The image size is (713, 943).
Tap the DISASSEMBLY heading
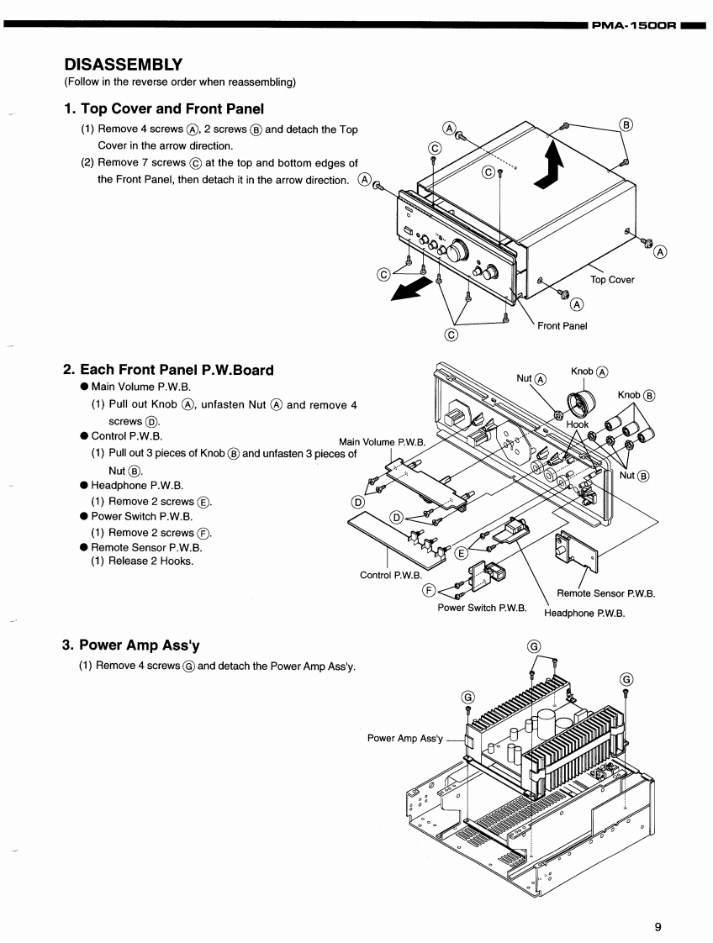pyautogui.click(x=124, y=65)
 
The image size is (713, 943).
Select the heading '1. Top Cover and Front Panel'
pyautogui.click(x=164, y=108)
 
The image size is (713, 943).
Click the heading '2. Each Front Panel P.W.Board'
pyautogui.click(x=168, y=370)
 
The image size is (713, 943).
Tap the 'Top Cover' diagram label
pyautogui.click(x=612, y=280)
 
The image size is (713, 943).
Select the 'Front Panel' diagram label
pyautogui.click(x=562, y=326)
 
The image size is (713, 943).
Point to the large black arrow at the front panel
pyautogui.click(x=414, y=289)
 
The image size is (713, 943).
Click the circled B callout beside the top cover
pyautogui.click(x=626, y=124)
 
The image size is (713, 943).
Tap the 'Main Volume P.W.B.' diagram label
pyautogui.click(x=383, y=442)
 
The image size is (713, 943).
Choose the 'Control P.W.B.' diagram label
pyautogui.click(x=388, y=575)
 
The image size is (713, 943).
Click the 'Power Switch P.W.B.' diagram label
pyautogui.click(x=482, y=607)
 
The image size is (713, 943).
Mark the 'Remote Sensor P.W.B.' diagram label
pyautogui.click(x=605, y=593)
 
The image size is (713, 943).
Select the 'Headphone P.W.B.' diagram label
pyautogui.click(x=584, y=614)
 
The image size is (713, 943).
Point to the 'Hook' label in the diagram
pyautogui.click(x=578, y=424)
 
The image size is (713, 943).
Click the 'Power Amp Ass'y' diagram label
pyautogui.click(x=404, y=738)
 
